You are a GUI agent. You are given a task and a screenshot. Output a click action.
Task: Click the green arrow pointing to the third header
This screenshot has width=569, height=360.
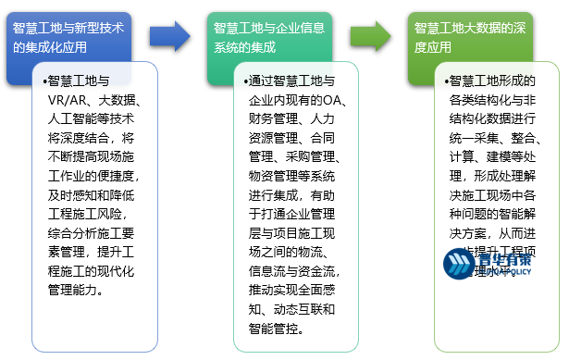point(376,36)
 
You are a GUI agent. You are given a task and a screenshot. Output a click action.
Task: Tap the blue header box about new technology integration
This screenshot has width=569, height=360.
point(74,36)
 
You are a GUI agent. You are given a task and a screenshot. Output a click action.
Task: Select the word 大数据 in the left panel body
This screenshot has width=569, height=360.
point(118,101)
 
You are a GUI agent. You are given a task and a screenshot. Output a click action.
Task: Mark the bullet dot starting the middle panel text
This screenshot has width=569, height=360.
point(245,81)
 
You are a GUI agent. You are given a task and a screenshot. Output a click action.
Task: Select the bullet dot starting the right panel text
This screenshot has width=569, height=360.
point(449,81)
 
